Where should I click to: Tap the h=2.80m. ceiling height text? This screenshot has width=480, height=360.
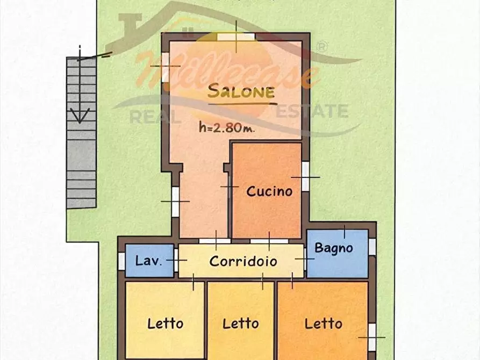point(226,127)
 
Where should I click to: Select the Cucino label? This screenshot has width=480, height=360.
point(269,191)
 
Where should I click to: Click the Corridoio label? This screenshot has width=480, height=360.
point(243,262)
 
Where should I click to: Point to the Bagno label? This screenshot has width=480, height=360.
point(334,248)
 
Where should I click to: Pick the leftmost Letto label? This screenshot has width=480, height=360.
point(165,323)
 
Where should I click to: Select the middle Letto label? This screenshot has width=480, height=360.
point(241,323)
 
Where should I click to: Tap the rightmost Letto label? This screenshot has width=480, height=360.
point(324,323)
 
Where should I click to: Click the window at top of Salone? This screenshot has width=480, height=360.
point(236,37)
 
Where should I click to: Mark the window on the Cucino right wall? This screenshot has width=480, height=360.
point(305,176)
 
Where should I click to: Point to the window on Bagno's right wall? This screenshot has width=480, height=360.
point(372,247)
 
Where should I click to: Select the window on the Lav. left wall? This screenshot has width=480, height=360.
point(121,261)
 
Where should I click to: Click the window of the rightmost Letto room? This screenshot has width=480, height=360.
point(372,336)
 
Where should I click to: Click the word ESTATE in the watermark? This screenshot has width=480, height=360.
point(312,111)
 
